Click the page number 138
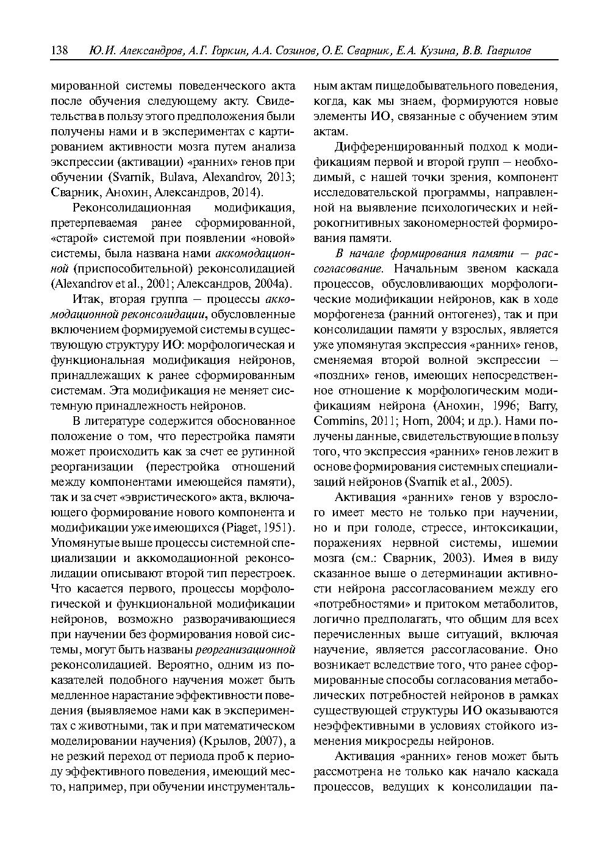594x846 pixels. click(59, 51)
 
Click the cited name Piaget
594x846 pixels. click(243, 527)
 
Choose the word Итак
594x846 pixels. click(86, 299)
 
